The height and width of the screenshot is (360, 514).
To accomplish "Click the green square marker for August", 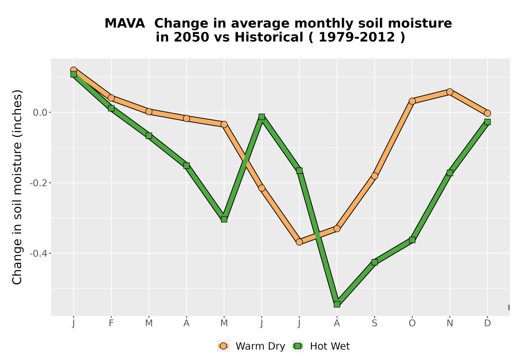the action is tap(337, 304).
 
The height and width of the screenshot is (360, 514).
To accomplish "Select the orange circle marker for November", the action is tap(450, 92).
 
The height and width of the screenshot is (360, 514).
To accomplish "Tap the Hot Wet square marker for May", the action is tap(224, 219).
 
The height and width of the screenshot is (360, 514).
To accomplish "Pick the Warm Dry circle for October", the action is tap(412, 101).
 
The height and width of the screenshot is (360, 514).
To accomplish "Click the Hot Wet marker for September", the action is tap(374, 262).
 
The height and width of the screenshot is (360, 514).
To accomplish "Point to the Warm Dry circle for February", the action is tap(111, 98).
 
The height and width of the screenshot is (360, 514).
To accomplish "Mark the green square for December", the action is tap(487, 122).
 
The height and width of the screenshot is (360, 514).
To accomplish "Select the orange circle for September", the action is tap(374, 176).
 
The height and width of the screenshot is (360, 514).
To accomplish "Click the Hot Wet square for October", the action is tap(412, 240).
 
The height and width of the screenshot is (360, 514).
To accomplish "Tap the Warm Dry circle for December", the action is tap(487, 113).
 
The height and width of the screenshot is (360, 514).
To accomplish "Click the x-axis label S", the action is tap(374, 323).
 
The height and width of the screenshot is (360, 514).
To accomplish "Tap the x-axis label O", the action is tap(412, 323).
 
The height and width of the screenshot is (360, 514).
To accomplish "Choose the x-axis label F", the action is tap(111, 323).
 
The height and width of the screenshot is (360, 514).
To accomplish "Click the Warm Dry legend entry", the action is tap(251, 346).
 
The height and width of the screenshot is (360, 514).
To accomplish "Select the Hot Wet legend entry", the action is tap(321, 346).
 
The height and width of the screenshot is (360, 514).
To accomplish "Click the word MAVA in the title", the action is tap(124, 23).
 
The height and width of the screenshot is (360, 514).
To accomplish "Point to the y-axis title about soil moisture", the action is tap(17, 187).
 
